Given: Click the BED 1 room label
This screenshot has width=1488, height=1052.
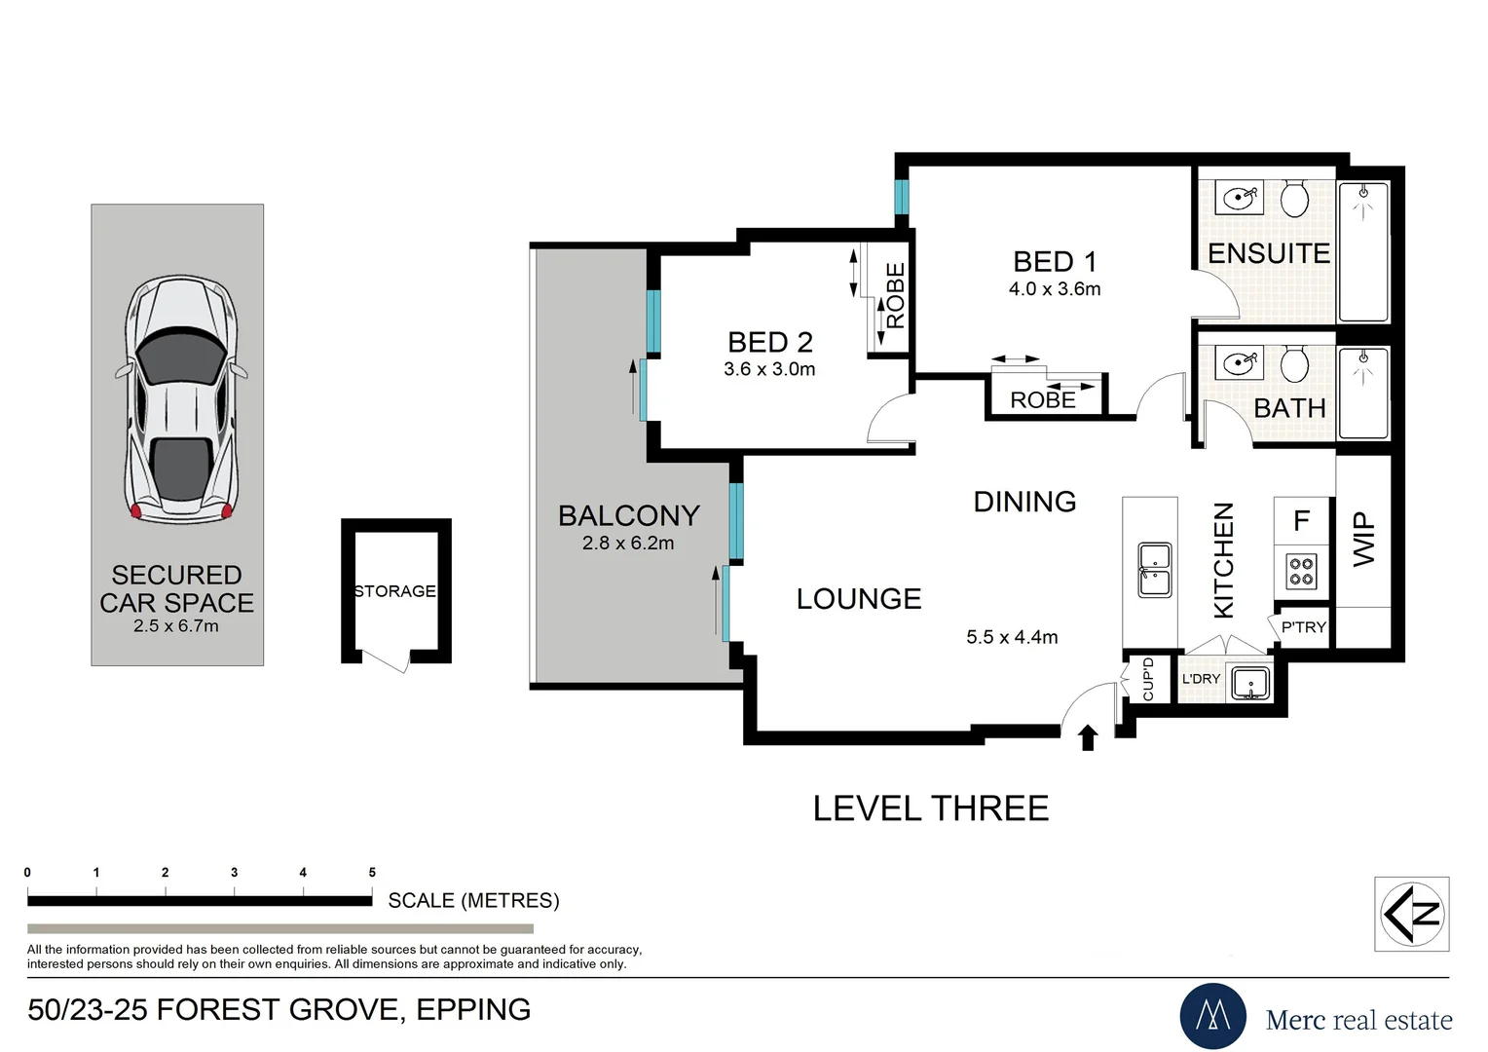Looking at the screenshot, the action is coord(1055,262).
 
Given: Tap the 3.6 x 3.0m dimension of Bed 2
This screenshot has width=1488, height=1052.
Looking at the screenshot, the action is coord(769,369).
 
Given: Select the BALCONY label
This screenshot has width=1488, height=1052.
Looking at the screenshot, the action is coord(628,515).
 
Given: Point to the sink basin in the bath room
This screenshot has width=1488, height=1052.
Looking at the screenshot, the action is coord(1239,363).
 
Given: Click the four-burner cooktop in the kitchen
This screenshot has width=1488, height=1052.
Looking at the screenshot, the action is coord(1301,571).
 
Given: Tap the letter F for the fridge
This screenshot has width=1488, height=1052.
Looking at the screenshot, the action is coord(1302,520).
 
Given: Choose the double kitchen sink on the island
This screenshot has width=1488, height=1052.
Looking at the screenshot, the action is coord(1155,570).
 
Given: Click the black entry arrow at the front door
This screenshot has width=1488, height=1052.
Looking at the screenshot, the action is coord(1088,737).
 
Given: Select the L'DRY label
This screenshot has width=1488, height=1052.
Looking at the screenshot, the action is coord(1201,679).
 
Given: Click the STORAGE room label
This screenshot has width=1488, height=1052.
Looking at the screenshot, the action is coord(395,591).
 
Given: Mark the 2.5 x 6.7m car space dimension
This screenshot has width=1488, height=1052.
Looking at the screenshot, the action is coord(176,626).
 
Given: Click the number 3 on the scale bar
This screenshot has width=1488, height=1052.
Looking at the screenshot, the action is coord(235,872).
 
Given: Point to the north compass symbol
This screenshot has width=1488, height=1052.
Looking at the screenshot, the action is coord(1412,914).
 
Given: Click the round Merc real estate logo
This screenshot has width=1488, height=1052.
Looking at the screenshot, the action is coord(1213,1016).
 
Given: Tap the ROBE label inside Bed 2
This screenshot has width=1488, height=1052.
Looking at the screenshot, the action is coord(896,296).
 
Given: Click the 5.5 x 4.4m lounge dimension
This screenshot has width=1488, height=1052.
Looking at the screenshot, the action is coord(1012,637).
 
